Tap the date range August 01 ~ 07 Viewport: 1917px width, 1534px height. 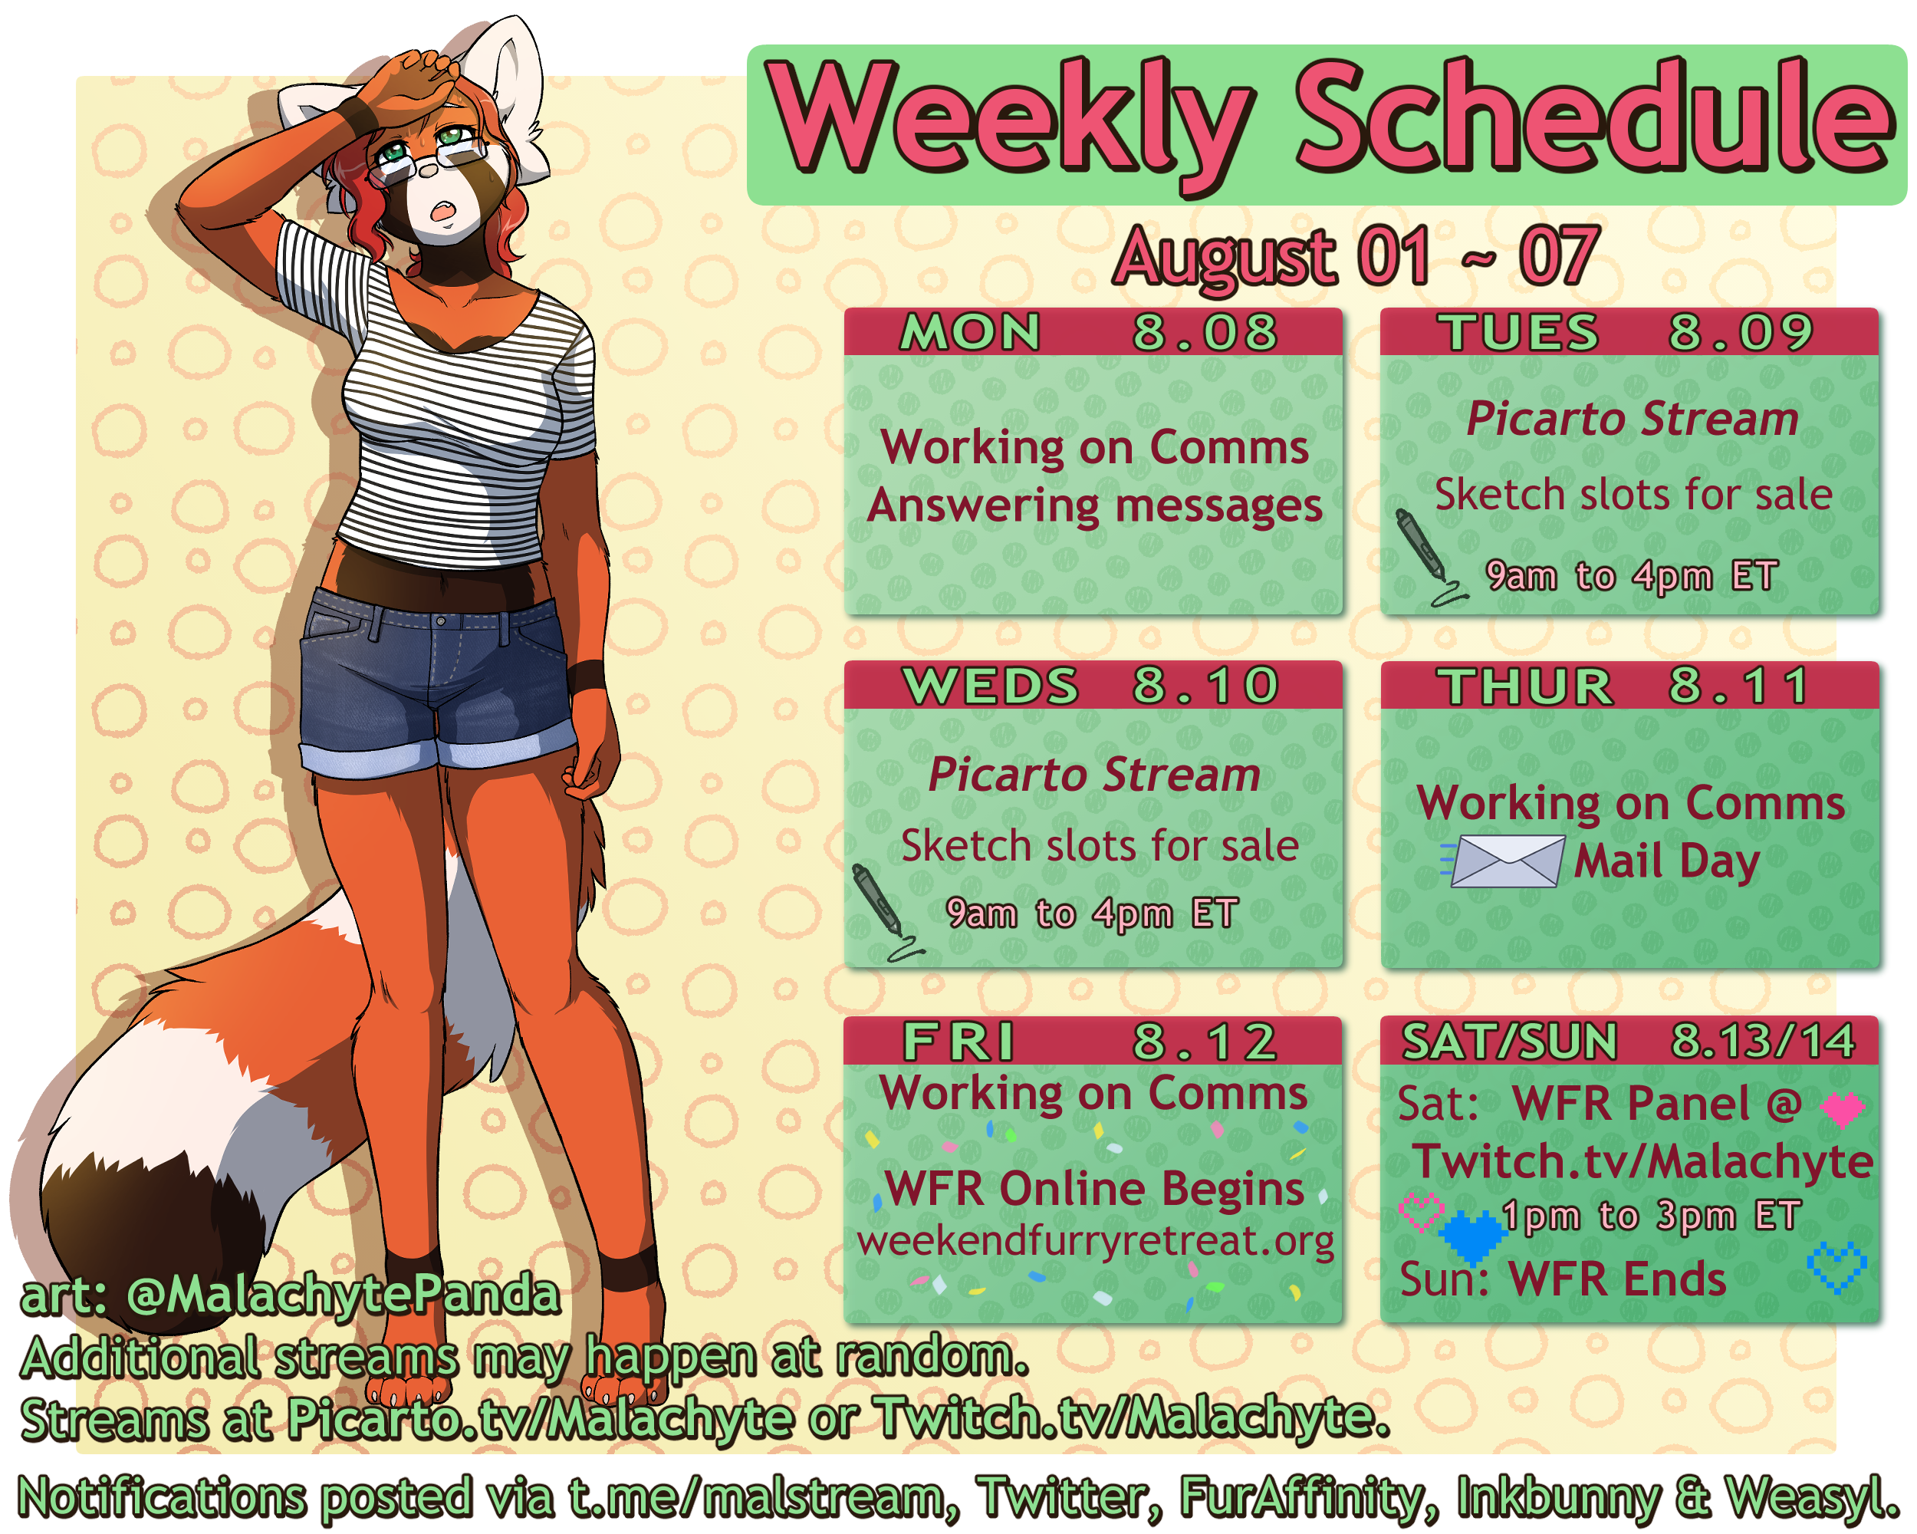tap(1356, 256)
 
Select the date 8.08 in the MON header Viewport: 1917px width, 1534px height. tap(1205, 333)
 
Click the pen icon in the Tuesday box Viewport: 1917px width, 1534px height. tap(1428, 557)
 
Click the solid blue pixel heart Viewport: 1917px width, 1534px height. tap(1472, 1236)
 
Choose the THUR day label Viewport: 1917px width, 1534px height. tap(1526, 686)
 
